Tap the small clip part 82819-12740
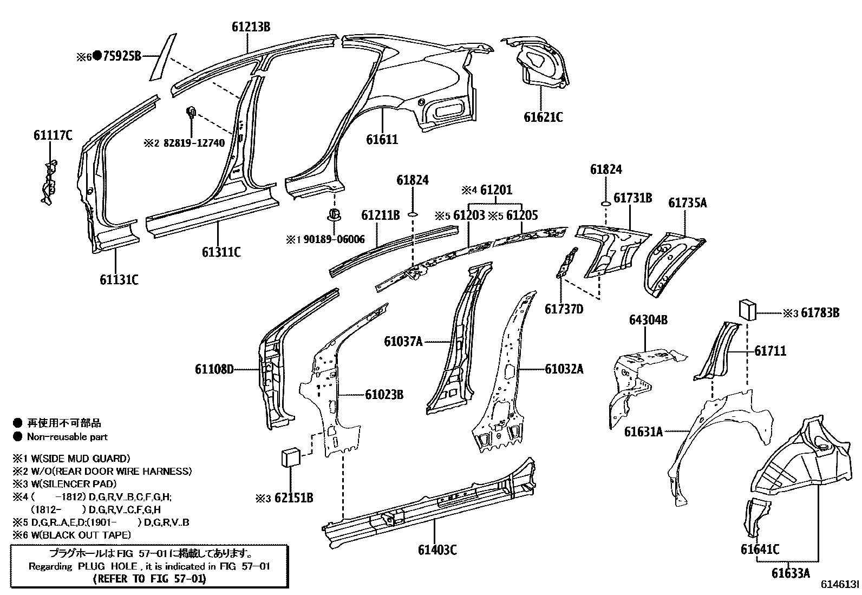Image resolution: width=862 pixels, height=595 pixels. click(x=191, y=113)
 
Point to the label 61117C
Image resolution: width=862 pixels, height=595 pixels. click(x=53, y=135)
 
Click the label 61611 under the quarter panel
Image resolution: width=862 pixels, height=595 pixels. click(x=382, y=140)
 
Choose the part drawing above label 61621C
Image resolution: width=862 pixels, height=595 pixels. click(x=539, y=62)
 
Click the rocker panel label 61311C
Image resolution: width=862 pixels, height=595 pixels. click(x=221, y=252)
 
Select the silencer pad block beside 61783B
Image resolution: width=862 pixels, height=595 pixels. click(x=746, y=311)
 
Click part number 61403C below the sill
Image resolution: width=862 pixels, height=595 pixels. click(x=437, y=550)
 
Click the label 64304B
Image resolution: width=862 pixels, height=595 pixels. click(x=648, y=320)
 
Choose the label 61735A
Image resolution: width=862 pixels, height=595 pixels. click(x=687, y=203)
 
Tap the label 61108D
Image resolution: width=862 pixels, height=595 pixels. click(x=214, y=369)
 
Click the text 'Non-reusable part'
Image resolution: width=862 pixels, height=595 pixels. click(x=67, y=437)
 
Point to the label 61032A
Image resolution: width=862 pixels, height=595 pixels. click(x=564, y=369)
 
